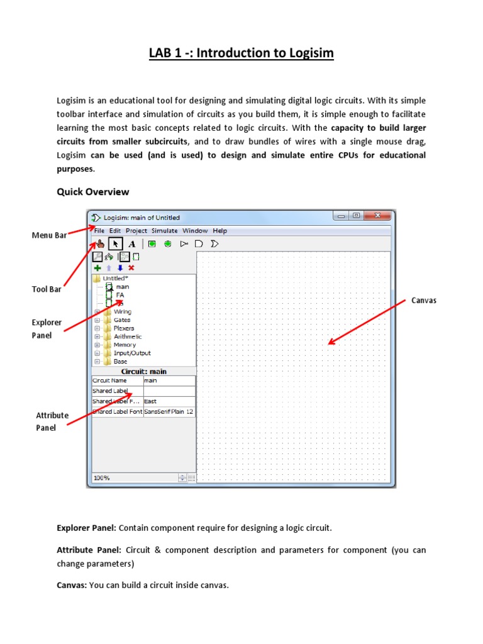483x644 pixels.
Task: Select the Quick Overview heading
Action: [x=93, y=192]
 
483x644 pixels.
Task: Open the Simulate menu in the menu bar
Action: [x=165, y=231]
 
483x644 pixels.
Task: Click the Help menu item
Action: [x=219, y=231]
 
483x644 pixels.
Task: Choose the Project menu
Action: [x=136, y=231]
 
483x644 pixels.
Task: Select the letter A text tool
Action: [x=131, y=243]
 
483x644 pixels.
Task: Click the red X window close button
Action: [x=378, y=216]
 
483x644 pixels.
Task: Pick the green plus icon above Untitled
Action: [x=97, y=267]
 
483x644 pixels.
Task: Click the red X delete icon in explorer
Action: [x=131, y=267]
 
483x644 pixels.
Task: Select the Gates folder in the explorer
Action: [x=122, y=320]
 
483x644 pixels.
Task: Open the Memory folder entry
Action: [x=125, y=345]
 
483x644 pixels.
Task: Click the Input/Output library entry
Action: [x=132, y=353]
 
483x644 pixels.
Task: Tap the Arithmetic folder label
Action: [x=128, y=336]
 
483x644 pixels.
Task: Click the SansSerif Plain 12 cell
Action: [x=169, y=411]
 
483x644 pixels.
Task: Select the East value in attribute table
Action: [x=151, y=401]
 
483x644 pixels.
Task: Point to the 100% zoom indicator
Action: [x=102, y=478]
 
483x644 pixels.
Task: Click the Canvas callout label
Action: [x=424, y=301]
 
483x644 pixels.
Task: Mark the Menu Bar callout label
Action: [x=49, y=236]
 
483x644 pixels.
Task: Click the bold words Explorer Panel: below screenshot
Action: [x=86, y=528]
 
